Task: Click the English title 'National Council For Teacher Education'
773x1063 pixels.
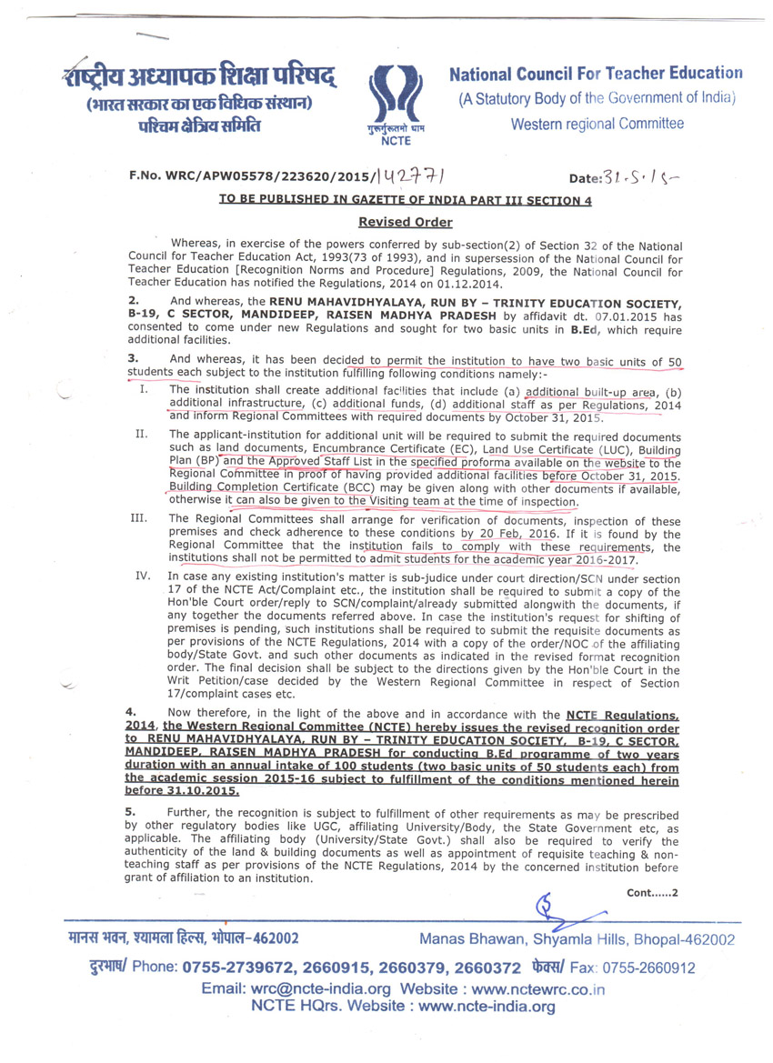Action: [x=596, y=73]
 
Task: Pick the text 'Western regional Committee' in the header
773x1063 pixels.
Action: [x=597, y=123]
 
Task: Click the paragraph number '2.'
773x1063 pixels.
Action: [x=134, y=299]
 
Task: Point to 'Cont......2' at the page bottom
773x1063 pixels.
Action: [x=652, y=892]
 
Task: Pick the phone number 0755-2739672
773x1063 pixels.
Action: [x=238, y=968]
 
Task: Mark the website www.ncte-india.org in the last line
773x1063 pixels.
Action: [x=487, y=1007]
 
